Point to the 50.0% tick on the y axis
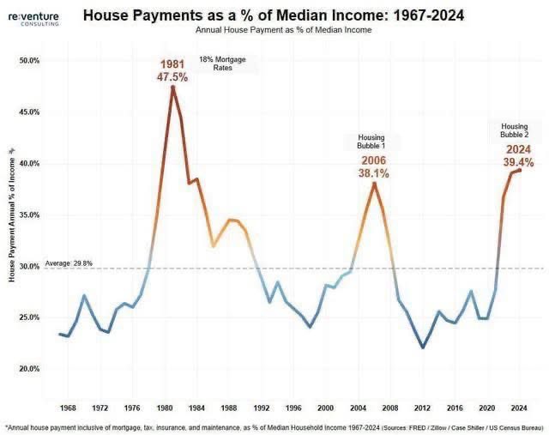click(x=29, y=61)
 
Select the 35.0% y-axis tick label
click(x=29, y=215)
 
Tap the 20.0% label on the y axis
click(x=29, y=369)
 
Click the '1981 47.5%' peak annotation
click(x=172, y=70)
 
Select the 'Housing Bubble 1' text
click(x=371, y=142)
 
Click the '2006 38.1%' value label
click(x=373, y=166)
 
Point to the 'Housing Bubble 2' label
click(x=515, y=130)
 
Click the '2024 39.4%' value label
click(x=518, y=155)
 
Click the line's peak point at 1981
click(x=172, y=87)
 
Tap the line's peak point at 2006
click(x=374, y=183)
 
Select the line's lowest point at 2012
click(x=422, y=347)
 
